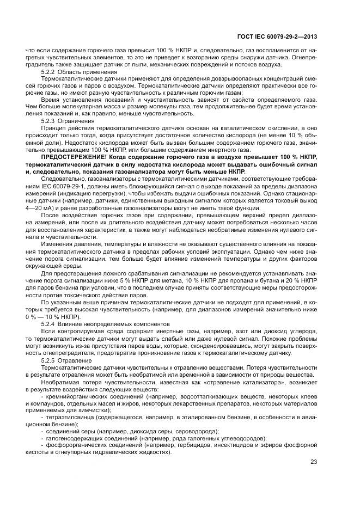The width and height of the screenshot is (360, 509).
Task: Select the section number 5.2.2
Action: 48,72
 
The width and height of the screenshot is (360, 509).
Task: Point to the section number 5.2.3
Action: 48,120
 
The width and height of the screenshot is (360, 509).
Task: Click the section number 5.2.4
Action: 48,324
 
